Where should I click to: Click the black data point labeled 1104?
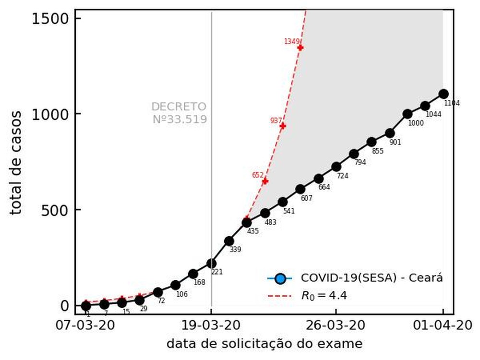[443, 94]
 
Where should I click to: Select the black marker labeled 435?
[247, 222]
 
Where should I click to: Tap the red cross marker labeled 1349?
[300, 48]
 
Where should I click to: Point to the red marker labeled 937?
[283, 126]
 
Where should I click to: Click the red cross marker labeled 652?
[265, 181]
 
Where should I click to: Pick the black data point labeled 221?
[211, 263]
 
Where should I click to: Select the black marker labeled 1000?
[408, 114]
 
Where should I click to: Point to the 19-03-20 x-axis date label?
[211, 325]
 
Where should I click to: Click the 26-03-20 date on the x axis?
[336, 325]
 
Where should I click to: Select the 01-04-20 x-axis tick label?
[442, 325]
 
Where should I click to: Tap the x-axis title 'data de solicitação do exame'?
[264, 344]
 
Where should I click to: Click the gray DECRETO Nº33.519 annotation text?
[179, 113]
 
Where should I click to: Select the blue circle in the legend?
[281, 278]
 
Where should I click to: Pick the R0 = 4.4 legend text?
[324, 296]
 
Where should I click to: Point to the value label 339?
[235, 250]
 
